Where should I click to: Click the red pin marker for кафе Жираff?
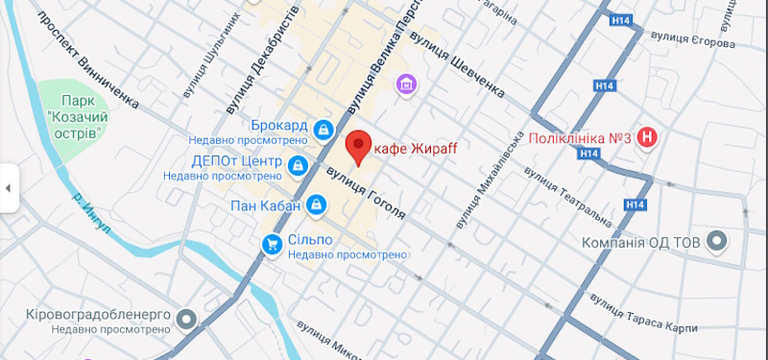tap(358, 146)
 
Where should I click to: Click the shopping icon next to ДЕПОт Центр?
tap(299, 166)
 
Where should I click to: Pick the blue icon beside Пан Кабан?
tap(317, 204)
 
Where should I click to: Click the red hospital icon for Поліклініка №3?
tap(650, 138)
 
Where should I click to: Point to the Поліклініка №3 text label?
tap(580, 138)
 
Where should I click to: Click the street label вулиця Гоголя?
tap(366, 191)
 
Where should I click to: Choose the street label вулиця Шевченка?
tap(456, 64)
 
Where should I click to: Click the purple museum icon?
tap(408, 86)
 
